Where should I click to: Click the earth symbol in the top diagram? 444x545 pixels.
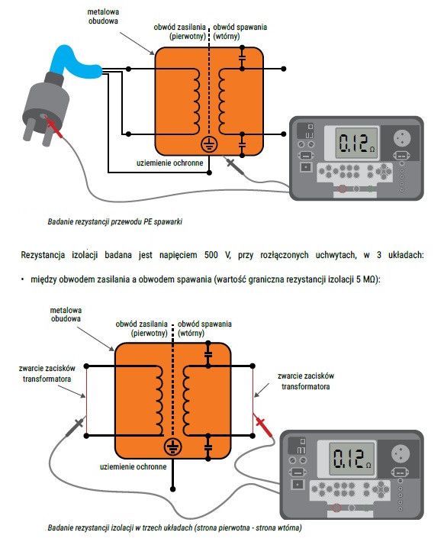[x=209, y=144]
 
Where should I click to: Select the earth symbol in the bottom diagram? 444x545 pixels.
[x=172, y=447]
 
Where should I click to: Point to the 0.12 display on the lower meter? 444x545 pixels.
[x=352, y=458]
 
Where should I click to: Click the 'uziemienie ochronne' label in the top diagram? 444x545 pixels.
[x=169, y=163]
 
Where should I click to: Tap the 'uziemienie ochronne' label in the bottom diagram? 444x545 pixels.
[x=133, y=466]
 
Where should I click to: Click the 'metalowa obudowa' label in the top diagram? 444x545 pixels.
[x=103, y=16]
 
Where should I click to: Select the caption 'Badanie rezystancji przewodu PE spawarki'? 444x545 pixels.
[x=115, y=221]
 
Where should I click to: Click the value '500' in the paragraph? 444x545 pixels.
[x=211, y=255]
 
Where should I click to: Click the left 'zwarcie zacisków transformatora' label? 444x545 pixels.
[x=47, y=373]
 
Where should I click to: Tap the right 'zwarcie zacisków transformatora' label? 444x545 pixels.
[x=306, y=381]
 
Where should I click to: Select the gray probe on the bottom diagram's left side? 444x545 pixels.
[x=75, y=426]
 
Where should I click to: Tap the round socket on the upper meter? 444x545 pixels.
[x=402, y=138]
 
